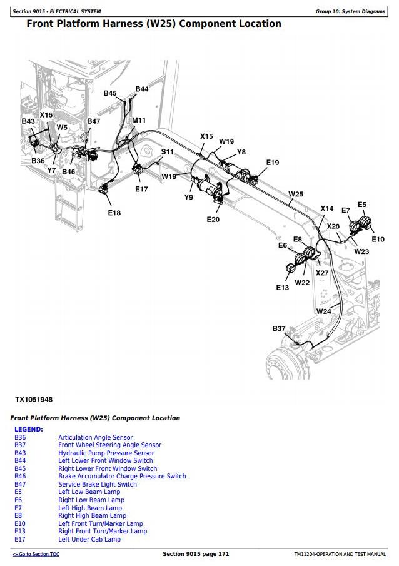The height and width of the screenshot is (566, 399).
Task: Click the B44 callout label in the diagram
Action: (142, 89)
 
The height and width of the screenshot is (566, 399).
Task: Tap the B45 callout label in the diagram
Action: (110, 93)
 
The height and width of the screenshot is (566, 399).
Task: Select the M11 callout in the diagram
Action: (139, 120)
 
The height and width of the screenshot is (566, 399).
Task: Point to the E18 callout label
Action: (114, 213)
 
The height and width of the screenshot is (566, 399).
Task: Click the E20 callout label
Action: (213, 220)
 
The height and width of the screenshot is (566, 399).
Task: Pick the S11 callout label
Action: (168, 152)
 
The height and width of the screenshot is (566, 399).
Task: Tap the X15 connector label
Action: (206, 136)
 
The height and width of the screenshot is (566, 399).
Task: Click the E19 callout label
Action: (272, 163)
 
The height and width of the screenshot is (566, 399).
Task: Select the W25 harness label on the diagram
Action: (295, 195)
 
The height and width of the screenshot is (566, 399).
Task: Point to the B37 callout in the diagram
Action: (279, 328)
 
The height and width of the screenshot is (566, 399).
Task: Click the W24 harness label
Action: (323, 311)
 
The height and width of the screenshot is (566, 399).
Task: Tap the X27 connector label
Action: (321, 273)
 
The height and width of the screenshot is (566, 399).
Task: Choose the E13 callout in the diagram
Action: (283, 288)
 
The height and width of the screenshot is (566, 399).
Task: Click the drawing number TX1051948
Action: (34, 399)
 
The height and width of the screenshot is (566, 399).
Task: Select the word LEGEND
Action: (29, 429)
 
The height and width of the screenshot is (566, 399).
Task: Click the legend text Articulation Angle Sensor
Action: (95, 437)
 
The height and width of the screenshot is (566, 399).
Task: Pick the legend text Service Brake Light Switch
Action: (98, 484)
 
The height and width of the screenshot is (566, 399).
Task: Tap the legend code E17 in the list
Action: (20, 539)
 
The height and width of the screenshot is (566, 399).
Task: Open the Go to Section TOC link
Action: (36, 555)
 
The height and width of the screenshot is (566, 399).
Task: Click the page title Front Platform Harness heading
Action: (153, 24)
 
